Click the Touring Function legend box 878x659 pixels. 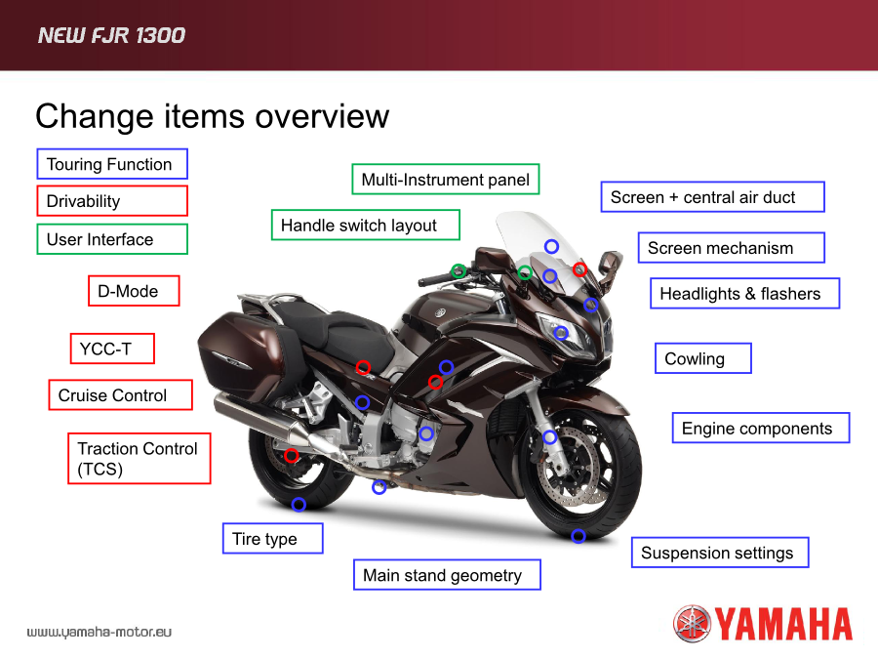(112, 164)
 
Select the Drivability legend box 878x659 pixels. (112, 200)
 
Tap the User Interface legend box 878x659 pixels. (112, 239)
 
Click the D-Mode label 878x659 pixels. (134, 291)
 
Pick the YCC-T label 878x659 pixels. (112, 349)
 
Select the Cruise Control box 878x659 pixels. (120, 395)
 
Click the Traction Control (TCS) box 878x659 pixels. (140, 459)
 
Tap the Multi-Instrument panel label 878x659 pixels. (446, 180)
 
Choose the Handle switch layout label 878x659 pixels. (366, 225)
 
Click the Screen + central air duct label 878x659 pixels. (713, 196)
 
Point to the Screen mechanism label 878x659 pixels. (732, 248)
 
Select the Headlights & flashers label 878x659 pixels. (744, 293)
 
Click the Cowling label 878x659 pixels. (703, 358)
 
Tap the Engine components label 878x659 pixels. (761, 429)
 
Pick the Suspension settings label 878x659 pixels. (720, 553)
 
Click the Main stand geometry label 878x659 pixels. (448, 575)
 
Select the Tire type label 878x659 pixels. (273, 539)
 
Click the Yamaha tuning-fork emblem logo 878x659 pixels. (692, 624)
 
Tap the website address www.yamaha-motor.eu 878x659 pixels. (100, 632)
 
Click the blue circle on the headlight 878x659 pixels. (561, 334)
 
